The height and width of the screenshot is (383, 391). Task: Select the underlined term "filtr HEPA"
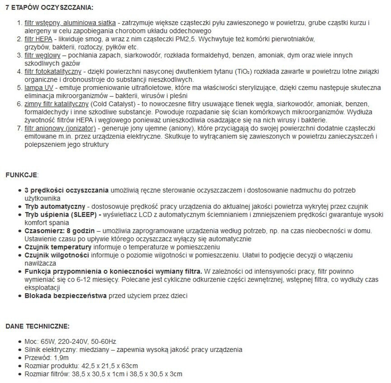point(39,39)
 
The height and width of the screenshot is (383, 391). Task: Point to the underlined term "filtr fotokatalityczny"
point(53,72)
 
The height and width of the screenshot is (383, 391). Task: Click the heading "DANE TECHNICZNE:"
point(37,326)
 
